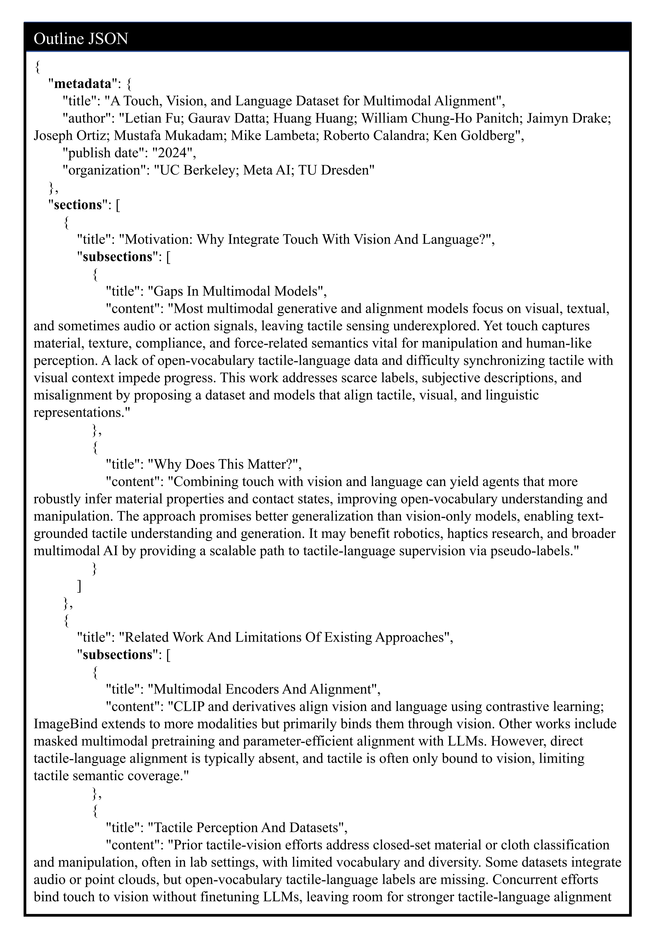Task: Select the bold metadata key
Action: tap(83, 84)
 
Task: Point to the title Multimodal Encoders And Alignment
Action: tap(264, 689)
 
